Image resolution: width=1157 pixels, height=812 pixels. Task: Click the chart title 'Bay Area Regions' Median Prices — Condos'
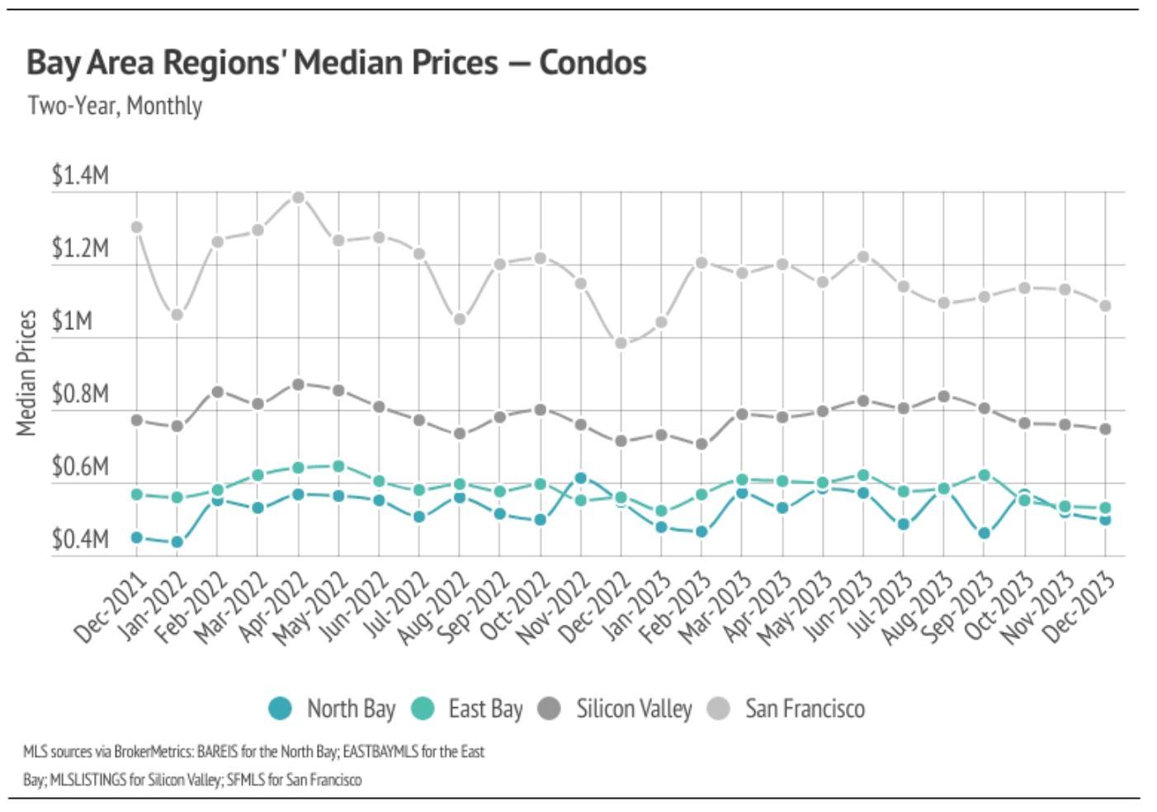tap(336, 63)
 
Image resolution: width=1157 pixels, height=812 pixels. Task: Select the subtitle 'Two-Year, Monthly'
tap(115, 106)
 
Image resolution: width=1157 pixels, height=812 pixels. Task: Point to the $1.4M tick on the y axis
tap(80, 176)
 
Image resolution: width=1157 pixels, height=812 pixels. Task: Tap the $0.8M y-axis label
tap(80, 394)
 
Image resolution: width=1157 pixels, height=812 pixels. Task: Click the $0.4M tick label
tap(80, 540)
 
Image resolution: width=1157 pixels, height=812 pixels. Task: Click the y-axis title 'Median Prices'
tap(27, 372)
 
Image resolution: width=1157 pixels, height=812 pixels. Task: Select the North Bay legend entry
tap(333, 709)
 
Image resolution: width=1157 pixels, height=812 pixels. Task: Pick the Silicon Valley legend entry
tap(616, 709)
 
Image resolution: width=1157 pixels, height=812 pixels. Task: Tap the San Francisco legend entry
tap(787, 709)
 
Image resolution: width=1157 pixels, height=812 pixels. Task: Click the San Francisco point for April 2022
tap(299, 197)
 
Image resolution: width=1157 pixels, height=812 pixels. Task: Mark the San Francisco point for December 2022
tap(621, 342)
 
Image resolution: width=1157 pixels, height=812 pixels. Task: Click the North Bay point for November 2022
tap(581, 478)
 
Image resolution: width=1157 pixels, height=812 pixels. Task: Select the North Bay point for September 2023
tap(984, 533)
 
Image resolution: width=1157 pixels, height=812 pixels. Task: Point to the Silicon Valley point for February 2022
tap(218, 391)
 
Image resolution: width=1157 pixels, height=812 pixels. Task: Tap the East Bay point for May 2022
tap(338, 466)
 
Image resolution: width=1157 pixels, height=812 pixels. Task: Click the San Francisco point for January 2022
tap(177, 314)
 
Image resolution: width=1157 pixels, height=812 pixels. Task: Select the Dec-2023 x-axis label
tap(1078, 608)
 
